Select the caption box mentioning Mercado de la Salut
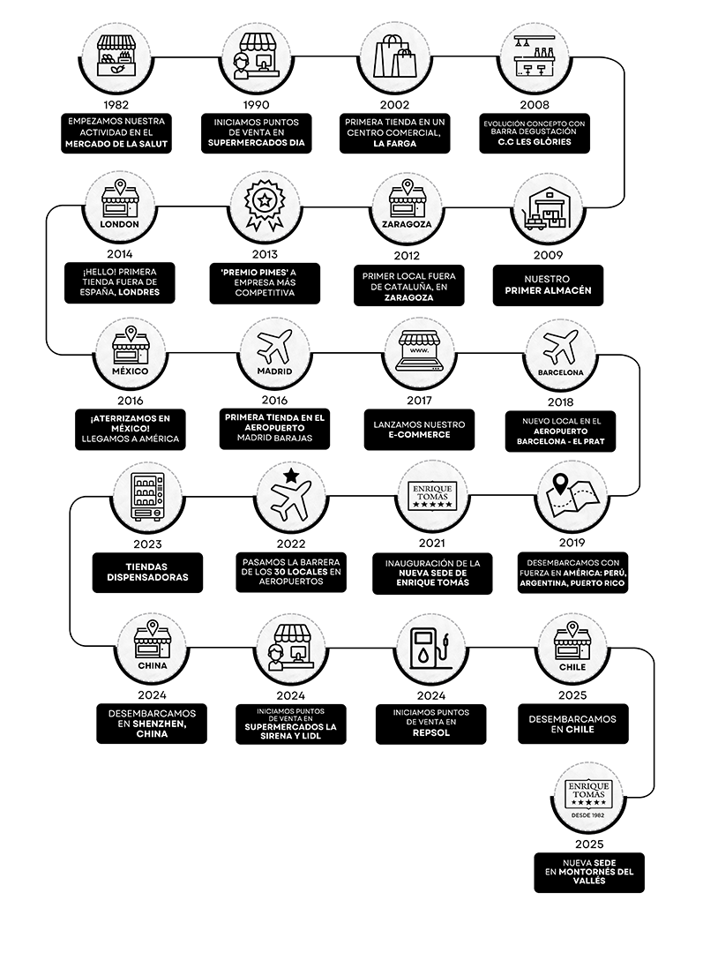117,132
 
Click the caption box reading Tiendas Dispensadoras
146,572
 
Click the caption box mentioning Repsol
430,724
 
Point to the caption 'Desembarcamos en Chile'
572,724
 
